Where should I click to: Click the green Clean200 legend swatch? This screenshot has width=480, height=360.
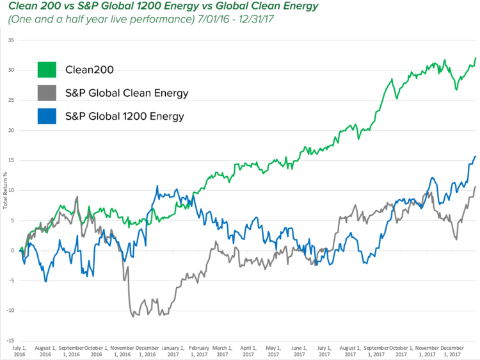(47, 69)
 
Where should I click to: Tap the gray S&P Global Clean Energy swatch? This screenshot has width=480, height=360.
(47, 93)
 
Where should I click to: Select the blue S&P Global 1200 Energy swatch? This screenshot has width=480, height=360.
(47, 116)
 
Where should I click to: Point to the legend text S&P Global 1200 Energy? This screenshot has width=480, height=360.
(125, 116)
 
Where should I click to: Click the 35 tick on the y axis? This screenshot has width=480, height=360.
(11, 40)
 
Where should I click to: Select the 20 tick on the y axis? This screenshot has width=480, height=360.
(11, 130)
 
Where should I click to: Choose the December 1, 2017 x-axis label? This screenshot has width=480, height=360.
(452, 350)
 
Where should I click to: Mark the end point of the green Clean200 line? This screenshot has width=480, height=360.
(476, 58)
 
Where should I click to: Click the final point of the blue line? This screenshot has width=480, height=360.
(476, 156)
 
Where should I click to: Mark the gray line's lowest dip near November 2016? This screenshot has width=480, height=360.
(132, 316)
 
